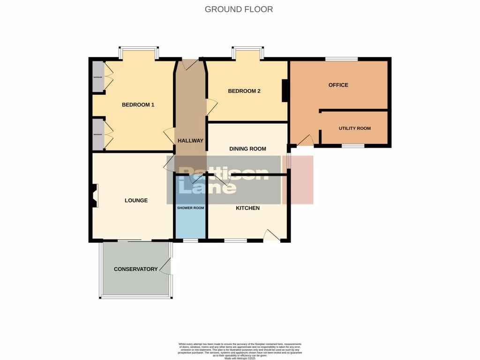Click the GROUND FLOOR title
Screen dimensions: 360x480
239,9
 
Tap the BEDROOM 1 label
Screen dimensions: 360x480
138,105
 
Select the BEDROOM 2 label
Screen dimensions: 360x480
244,91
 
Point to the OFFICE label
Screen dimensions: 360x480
338,85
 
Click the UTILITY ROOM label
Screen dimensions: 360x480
354,128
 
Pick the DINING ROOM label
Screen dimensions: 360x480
247,149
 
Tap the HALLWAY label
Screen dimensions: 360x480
190,141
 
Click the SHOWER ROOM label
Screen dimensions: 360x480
190,208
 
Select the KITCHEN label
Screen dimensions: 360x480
247,208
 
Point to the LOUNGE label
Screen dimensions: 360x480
136,200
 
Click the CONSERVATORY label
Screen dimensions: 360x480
135,269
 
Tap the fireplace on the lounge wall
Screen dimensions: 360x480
94,195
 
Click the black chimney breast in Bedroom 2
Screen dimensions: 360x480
285,90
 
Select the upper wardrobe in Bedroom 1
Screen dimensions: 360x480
98,76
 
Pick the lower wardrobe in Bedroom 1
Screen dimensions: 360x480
98,134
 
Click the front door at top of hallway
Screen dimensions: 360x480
190,65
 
